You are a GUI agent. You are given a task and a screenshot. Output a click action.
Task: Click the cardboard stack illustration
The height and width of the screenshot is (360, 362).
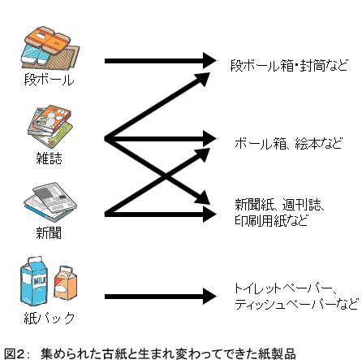(x=50, y=48)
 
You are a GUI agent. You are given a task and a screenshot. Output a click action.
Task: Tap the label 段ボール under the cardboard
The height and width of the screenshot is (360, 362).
(x=48, y=81)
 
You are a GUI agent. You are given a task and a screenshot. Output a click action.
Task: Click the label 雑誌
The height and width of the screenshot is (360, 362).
(x=49, y=158)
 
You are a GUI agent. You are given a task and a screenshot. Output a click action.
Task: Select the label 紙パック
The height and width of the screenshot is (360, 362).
(x=49, y=318)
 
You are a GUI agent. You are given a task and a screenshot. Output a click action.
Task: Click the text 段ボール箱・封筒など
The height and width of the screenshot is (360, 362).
(x=288, y=63)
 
